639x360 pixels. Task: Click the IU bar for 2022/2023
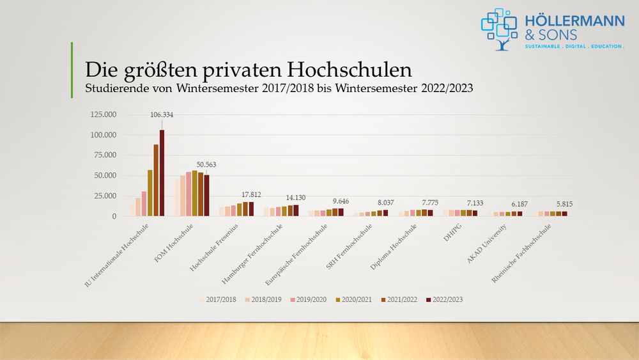[162, 173]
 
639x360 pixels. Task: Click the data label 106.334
[162, 115]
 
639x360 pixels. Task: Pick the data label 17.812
[250, 194]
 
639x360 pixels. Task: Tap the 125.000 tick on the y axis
[104, 115]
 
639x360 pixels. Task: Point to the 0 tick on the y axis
[114, 217]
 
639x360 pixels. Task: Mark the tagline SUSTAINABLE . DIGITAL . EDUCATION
[574, 47]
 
